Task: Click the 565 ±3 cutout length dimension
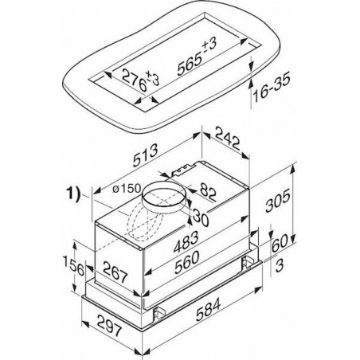pyautogui.click(x=198, y=57)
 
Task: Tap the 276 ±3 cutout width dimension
pyautogui.click(x=141, y=79)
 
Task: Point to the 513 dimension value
pyautogui.click(x=146, y=155)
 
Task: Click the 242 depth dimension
pyautogui.click(x=228, y=138)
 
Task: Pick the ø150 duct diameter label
pyautogui.click(x=127, y=189)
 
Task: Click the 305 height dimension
pyautogui.click(x=278, y=201)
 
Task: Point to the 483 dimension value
pyautogui.click(x=186, y=242)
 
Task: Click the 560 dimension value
pyautogui.click(x=187, y=262)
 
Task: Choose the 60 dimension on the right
pyautogui.click(x=280, y=243)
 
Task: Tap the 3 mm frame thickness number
pyautogui.click(x=280, y=265)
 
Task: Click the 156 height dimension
pyautogui.click(x=74, y=266)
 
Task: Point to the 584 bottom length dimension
pyautogui.click(x=208, y=309)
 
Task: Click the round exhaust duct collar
pyautogui.click(x=165, y=198)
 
